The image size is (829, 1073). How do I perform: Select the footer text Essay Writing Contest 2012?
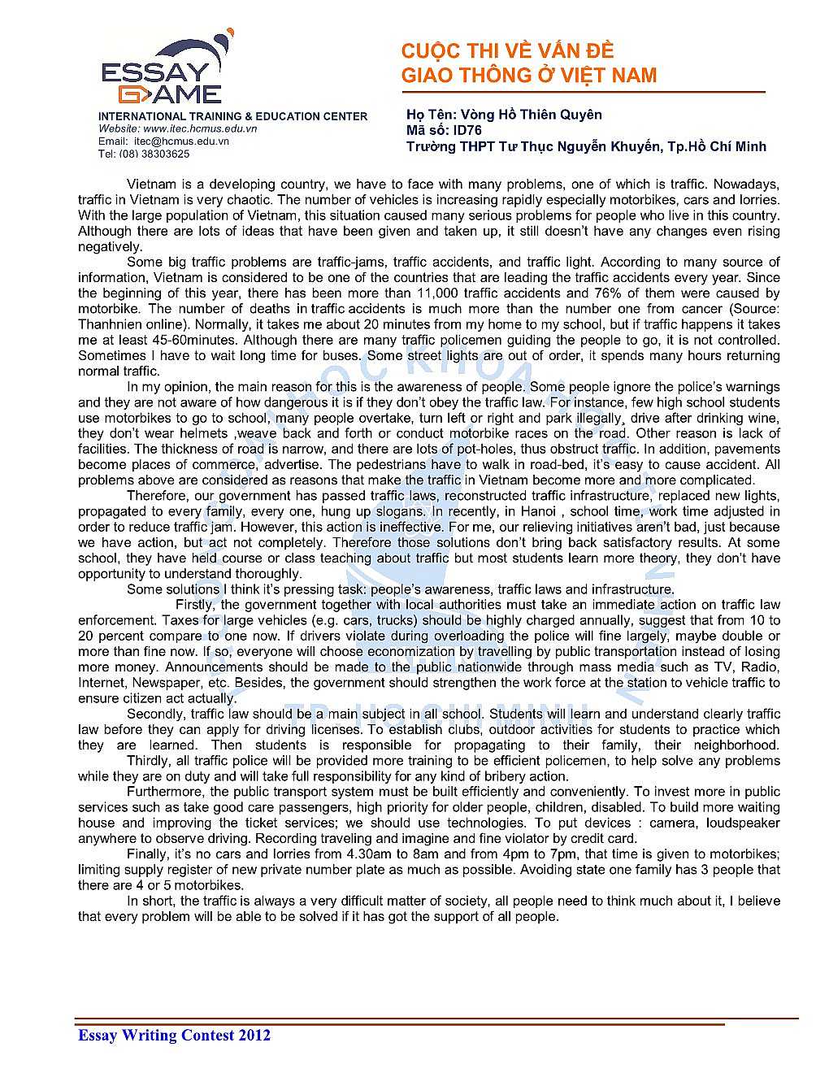(174, 1035)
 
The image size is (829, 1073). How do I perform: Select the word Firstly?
(196, 605)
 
